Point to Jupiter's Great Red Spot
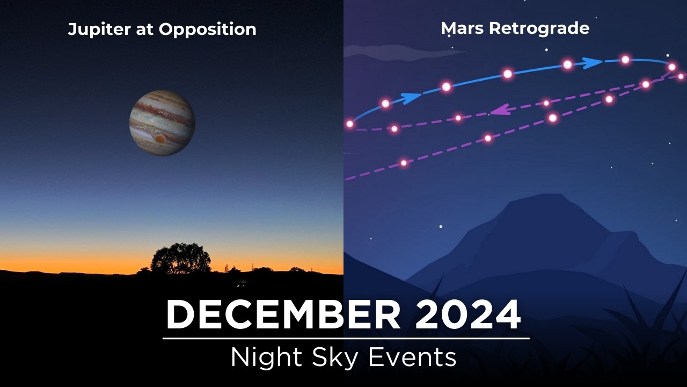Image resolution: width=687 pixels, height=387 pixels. (x=160, y=138)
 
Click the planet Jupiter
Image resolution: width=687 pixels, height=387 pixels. (x=162, y=123)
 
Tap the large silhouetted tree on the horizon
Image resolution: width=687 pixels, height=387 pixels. (x=180, y=259)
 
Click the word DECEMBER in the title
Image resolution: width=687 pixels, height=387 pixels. (x=283, y=315)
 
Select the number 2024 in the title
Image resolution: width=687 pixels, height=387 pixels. (x=467, y=315)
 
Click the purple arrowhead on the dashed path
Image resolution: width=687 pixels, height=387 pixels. (x=500, y=110)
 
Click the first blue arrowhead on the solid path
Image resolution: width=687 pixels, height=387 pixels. (x=411, y=98)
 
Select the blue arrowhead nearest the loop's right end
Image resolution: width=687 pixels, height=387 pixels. (x=593, y=63)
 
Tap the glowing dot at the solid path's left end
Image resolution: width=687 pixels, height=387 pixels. (x=350, y=124)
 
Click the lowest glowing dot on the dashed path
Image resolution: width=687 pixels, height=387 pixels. (x=404, y=162)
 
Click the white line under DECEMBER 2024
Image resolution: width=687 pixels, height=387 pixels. (x=346, y=339)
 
